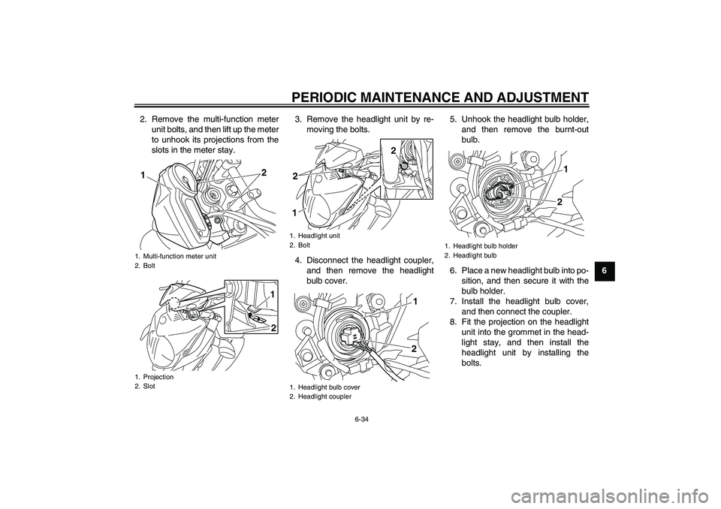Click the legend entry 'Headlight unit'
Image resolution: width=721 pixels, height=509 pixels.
[x=318, y=236]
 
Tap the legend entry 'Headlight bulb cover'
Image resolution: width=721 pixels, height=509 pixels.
[x=329, y=387]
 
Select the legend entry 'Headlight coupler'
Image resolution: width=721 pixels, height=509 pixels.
[x=324, y=396]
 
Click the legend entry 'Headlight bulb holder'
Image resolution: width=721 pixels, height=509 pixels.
[x=484, y=245]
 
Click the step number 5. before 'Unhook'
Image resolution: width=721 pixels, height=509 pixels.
[x=454, y=119]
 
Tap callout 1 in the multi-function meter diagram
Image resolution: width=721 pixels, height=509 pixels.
[x=141, y=175]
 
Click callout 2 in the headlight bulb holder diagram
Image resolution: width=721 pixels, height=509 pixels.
[x=560, y=203]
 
